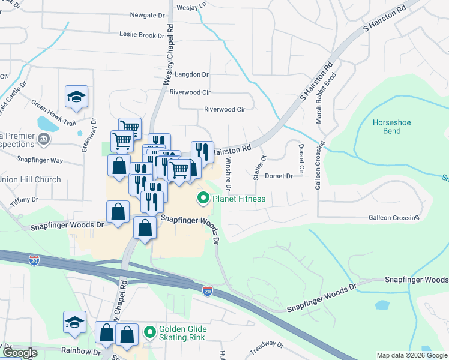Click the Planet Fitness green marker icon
pos(203,197)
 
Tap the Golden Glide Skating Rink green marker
pos(149,331)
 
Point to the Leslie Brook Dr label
pos(142,35)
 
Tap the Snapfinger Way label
pos(40,160)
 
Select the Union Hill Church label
pos(31,179)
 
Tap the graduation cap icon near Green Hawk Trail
pos(77,97)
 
